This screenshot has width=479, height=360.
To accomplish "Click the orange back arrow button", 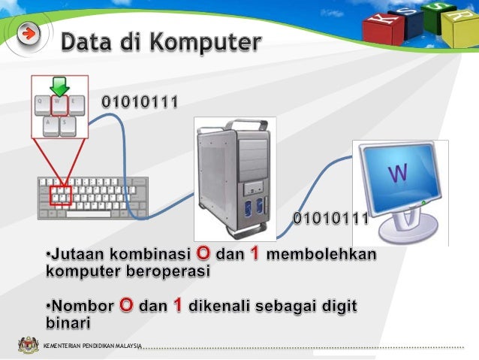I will pos(29,34).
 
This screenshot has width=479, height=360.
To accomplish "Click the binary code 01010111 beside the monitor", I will pos(329,219).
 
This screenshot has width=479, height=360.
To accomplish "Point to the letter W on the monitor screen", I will pos(397,175).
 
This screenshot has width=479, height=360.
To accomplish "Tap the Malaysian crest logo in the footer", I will pos(28,346).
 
